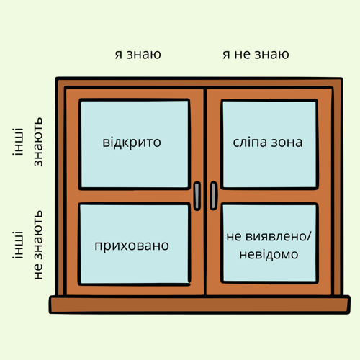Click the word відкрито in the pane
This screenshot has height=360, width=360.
coord(132,143)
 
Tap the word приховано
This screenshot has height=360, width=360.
coord(132,246)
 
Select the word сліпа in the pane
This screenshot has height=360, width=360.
coord(250,143)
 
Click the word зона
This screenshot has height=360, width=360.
coord(287,143)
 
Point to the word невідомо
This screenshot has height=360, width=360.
coord(269,254)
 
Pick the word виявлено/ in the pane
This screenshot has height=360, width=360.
coord(279,237)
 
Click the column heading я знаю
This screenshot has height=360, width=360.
coord(138,55)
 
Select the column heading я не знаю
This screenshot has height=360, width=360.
coord(256,55)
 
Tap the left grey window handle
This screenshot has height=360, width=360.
coord(197,196)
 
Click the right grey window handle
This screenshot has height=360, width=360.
coord(214,196)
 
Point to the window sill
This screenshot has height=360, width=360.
coord(199,305)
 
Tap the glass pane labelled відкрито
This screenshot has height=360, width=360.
coord(135,144)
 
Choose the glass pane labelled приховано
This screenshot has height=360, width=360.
coord(135,244)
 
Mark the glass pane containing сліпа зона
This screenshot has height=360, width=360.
coord(269,144)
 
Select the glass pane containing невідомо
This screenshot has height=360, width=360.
coord(269,243)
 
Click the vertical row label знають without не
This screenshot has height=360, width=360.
coord(38,142)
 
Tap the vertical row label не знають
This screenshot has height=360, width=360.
coord(38,245)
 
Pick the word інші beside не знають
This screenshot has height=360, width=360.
coord(18,245)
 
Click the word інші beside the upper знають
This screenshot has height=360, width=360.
coord(18,142)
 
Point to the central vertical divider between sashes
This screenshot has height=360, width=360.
coord(205,192)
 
